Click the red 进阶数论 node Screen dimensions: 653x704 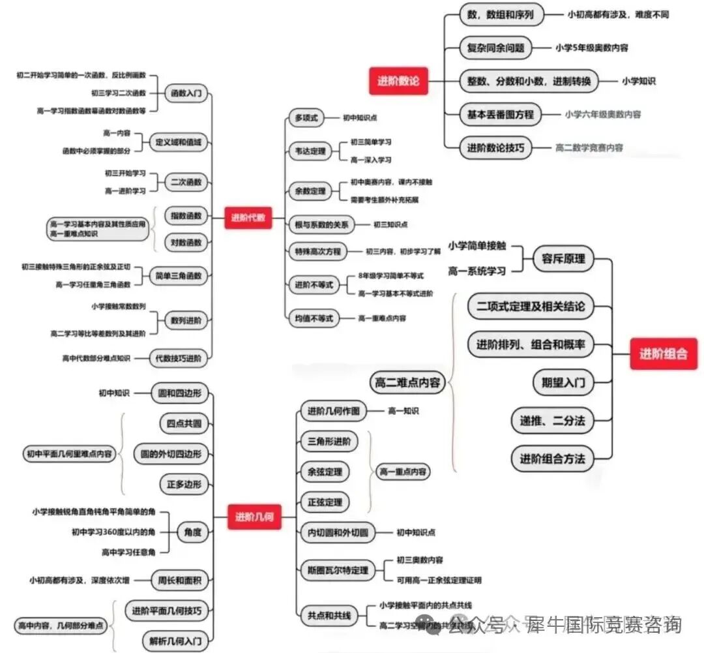tap(398, 81)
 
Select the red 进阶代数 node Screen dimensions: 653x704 tap(248, 218)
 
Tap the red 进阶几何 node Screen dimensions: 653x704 tap(254, 518)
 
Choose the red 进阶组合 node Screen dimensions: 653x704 tap(664, 354)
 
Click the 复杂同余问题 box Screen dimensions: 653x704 tap(495, 48)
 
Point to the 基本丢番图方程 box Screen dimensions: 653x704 tap(500, 115)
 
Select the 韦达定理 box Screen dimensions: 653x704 tap(308, 151)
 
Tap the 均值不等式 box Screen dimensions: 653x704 tap(312, 318)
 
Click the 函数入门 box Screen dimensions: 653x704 tap(186, 94)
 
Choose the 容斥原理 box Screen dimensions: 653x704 tap(563, 258)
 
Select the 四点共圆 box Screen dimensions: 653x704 tap(184, 423)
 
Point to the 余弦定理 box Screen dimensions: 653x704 tap(324, 471)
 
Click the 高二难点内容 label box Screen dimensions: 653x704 tap(407, 382)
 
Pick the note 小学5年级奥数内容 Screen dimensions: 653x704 tap(592, 48)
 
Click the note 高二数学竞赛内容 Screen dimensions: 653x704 tap(589, 148)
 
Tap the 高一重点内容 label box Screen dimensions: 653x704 tap(403, 471)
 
